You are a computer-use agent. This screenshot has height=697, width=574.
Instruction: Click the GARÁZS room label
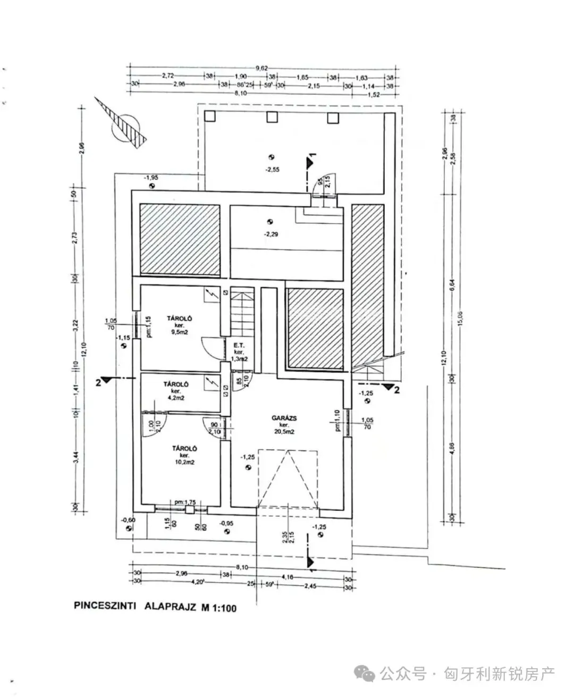click(x=280, y=418)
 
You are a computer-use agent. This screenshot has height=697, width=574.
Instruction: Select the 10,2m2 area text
click(x=184, y=463)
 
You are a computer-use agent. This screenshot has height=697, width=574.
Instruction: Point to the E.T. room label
click(x=239, y=346)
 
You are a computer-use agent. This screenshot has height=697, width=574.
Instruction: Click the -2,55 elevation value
click(x=272, y=170)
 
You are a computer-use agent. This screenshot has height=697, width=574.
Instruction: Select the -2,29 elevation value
click(x=271, y=234)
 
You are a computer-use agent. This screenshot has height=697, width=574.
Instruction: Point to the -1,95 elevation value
click(x=151, y=177)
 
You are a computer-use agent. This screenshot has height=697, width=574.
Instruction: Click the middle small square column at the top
click(x=272, y=117)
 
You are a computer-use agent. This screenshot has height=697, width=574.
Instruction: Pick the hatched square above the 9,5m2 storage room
click(x=180, y=240)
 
